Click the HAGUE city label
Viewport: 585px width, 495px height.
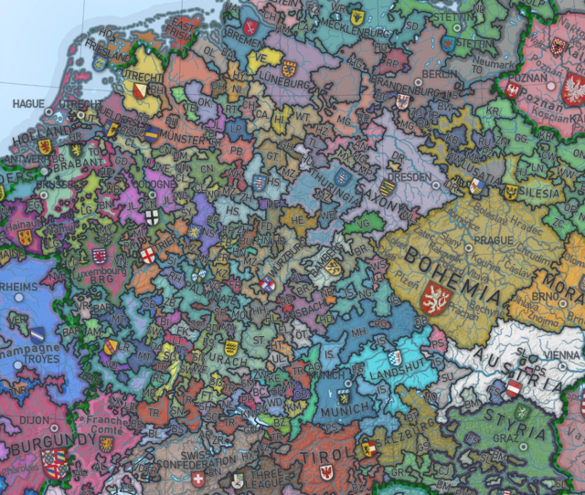27,103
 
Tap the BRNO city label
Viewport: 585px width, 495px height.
546,298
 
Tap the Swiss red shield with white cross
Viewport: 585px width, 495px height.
198,479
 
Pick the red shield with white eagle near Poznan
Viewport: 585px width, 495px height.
574,90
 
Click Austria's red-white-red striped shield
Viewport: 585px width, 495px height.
514,390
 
